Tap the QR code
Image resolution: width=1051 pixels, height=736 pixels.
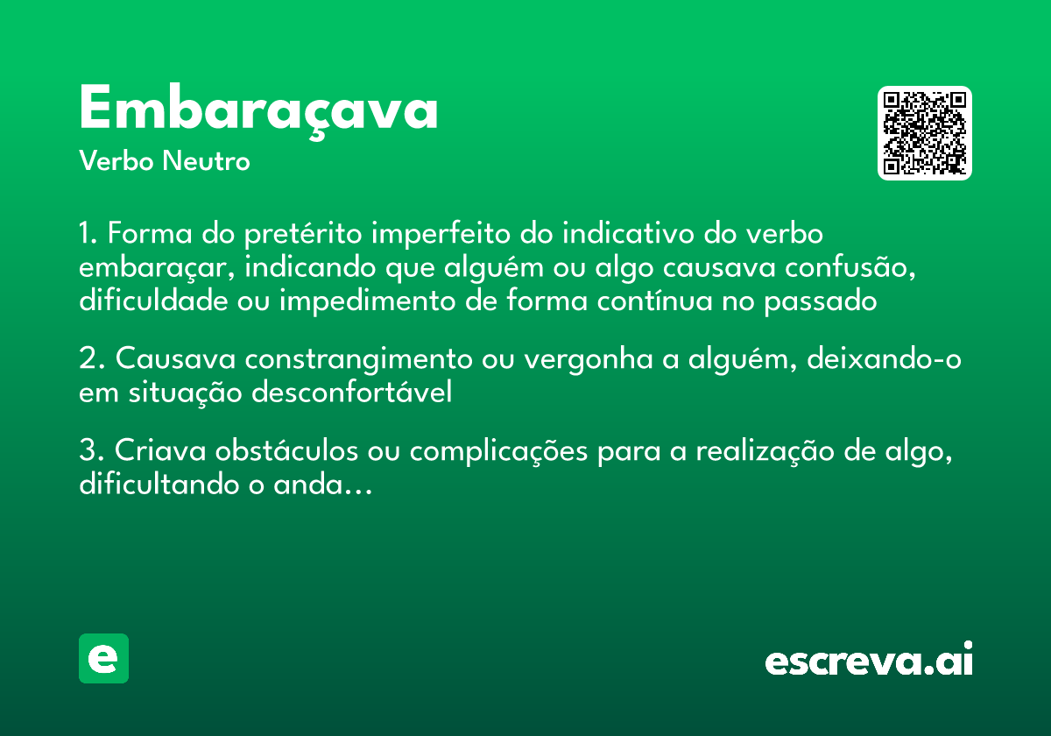click(x=925, y=133)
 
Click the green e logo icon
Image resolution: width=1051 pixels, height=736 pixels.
click(x=103, y=658)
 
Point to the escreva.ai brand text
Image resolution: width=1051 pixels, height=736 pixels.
click(x=869, y=661)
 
